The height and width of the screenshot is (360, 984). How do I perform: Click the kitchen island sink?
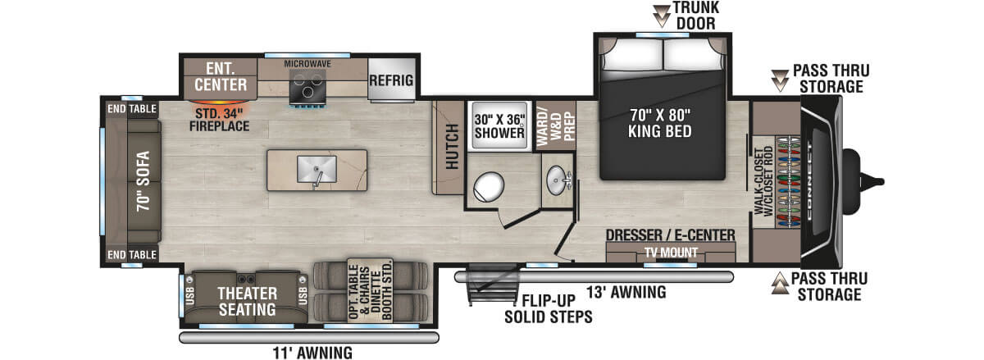[317, 170]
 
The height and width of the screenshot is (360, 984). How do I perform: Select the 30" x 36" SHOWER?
[499, 125]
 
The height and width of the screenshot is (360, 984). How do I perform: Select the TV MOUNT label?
[671, 253]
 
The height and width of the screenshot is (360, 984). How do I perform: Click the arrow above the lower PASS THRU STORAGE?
[778, 285]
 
